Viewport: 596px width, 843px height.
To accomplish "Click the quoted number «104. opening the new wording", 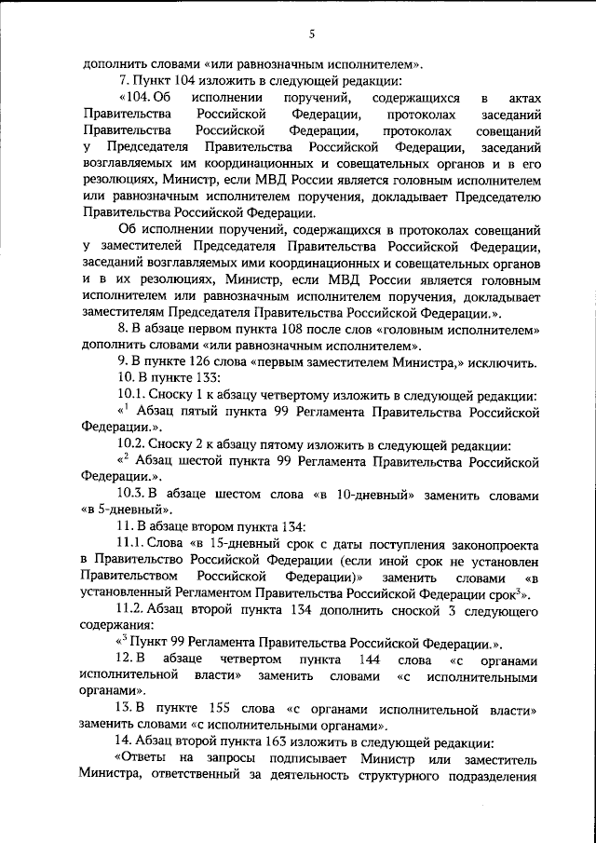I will [137, 98].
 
